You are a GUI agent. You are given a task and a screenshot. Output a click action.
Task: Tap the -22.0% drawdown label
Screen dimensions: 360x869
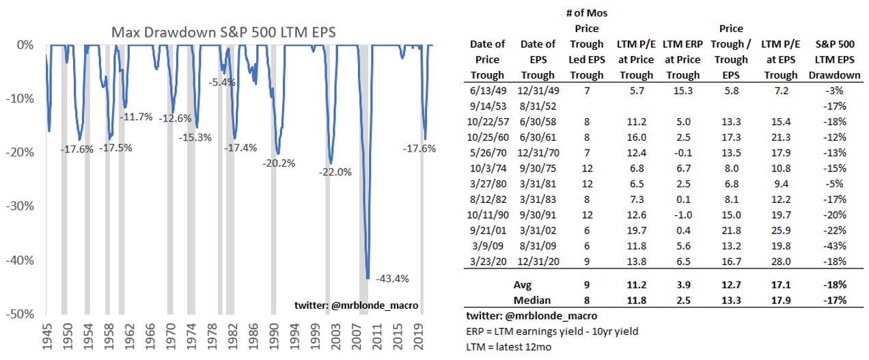[335, 172]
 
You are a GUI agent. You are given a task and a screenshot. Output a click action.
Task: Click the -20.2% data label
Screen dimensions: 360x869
[277, 163]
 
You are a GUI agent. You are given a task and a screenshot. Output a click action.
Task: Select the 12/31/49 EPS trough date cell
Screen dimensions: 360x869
[538, 91]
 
